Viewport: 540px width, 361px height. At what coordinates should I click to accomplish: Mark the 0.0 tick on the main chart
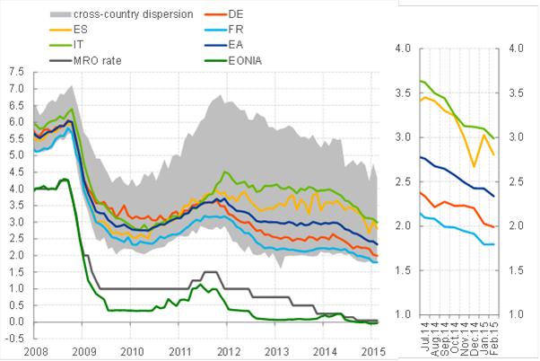(15, 321)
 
